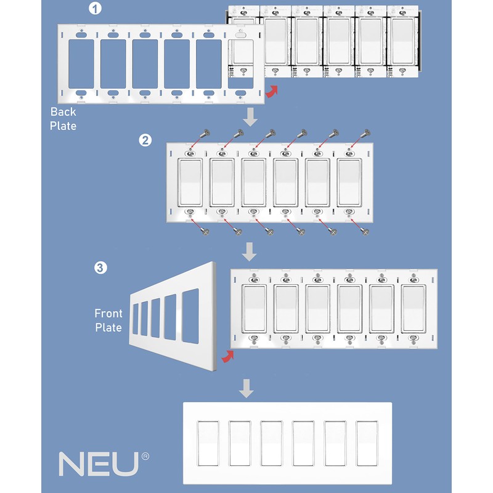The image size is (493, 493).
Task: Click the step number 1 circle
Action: tap(95, 9)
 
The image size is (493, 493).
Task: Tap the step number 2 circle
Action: tap(145, 140)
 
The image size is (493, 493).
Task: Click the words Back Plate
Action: tap(63, 119)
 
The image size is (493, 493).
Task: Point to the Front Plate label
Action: tap(108, 320)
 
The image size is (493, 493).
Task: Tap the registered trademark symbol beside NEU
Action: tap(145, 457)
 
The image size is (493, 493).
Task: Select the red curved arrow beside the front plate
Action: tap(227, 357)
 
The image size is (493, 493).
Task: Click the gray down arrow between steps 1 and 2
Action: tap(250, 116)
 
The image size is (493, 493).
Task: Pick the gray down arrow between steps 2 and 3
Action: tap(250, 251)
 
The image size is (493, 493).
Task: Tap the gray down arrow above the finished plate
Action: tap(246, 388)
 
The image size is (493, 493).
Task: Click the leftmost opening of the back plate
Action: tap(82, 62)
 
